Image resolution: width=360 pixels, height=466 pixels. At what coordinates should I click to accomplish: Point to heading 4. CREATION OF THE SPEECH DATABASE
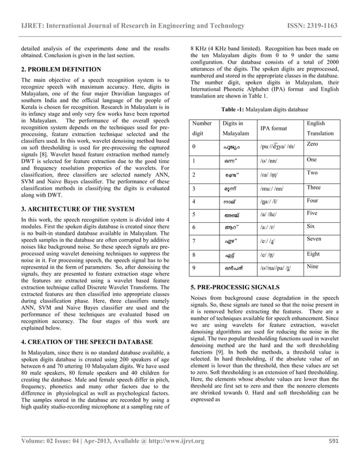(86, 342)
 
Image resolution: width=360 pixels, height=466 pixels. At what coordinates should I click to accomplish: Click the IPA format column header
(273, 129)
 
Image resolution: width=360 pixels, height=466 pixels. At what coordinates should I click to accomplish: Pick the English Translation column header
(320, 128)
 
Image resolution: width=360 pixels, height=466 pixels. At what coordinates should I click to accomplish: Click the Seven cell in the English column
(314, 239)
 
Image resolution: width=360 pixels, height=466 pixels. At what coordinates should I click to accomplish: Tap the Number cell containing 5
(194, 214)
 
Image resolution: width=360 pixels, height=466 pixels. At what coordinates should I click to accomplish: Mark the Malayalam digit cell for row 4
(231, 201)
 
